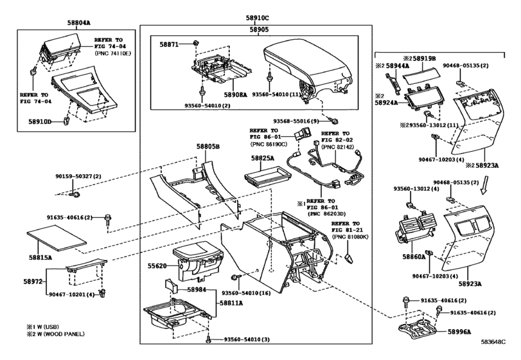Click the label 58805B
208,147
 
